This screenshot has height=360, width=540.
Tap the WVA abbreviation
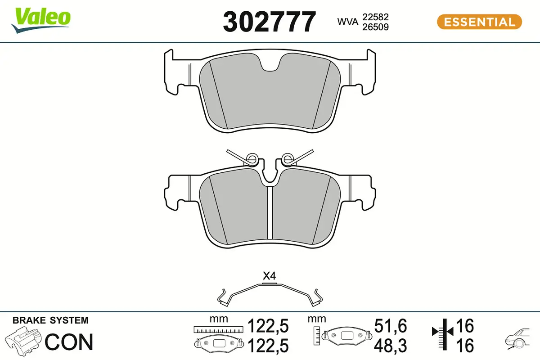(347, 22)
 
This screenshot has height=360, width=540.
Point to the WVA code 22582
(375, 17)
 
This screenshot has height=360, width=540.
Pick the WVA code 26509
(375, 27)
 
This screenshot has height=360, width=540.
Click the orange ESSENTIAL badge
(479, 22)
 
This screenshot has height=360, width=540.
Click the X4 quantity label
(269, 276)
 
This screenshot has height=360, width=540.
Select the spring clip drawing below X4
(269, 293)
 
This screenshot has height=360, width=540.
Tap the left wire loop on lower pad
(252, 158)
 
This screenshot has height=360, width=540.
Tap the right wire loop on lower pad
(287, 158)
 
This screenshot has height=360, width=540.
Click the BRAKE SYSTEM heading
(50, 320)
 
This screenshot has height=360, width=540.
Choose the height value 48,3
(390, 346)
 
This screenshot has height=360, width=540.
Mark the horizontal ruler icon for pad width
(218, 330)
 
